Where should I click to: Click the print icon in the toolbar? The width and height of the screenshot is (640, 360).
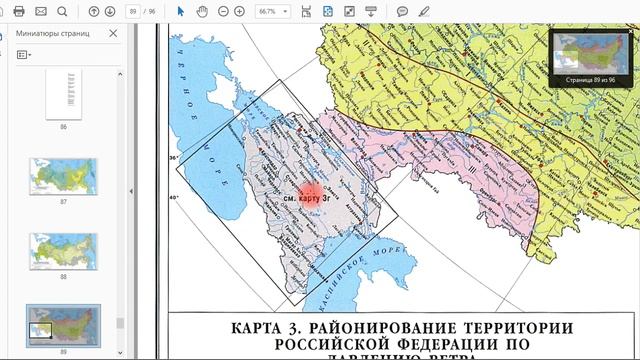[x=18, y=11]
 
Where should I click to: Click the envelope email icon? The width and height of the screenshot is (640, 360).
[x=41, y=11]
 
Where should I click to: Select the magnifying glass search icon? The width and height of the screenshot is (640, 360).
[x=63, y=11]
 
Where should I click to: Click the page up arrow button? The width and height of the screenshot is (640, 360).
[x=94, y=11]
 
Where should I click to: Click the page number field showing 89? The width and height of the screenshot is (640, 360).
[x=133, y=11]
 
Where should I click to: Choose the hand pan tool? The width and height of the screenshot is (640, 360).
[x=203, y=11]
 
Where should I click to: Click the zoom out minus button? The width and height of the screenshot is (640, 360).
[x=223, y=11]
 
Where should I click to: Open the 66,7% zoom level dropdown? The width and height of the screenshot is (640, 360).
[x=273, y=11]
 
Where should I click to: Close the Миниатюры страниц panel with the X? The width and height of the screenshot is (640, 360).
[x=113, y=32]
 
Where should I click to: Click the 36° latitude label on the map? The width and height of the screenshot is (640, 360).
[x=172, y=158]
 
